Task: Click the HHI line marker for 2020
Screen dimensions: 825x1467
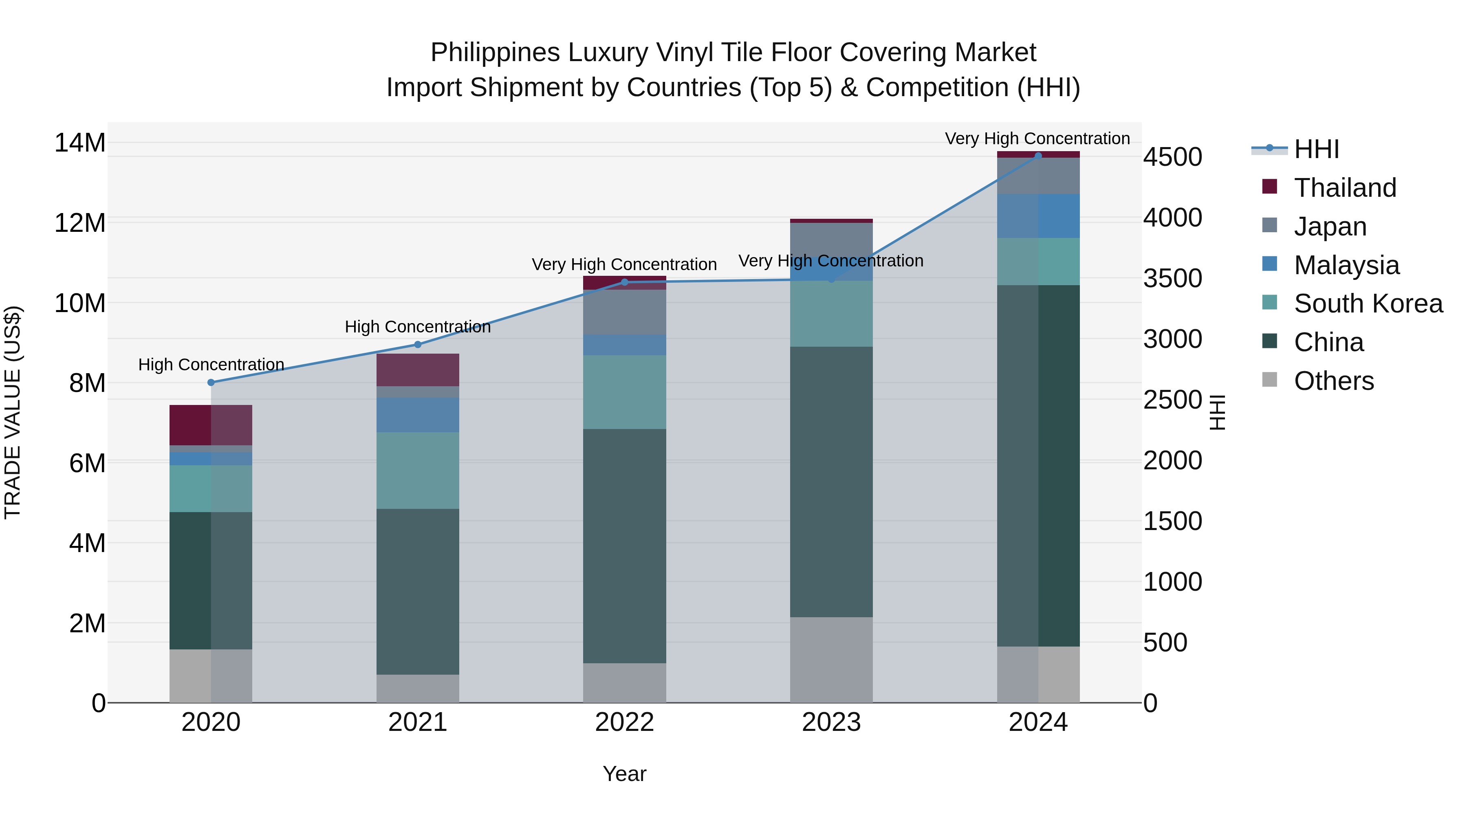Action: pos(211,383)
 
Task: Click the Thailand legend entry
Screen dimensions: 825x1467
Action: pos(1345,188)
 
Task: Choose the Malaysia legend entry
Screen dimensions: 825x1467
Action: pos(1346,265)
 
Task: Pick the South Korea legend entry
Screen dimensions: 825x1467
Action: pos(1368,304)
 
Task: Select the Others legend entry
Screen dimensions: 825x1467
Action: pos(1334,381)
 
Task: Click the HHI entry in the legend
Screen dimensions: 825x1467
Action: pos(1316,149)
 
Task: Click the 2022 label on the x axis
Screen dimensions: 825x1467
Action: pos(624,722)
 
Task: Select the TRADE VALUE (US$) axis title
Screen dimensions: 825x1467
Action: pos(13,412)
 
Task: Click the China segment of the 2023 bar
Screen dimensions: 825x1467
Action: pos(831,481)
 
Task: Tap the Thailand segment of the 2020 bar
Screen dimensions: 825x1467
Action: pos(211,425)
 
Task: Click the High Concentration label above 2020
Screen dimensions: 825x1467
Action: pos(211,364)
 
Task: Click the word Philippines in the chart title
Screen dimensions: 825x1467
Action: pos(495,53)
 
